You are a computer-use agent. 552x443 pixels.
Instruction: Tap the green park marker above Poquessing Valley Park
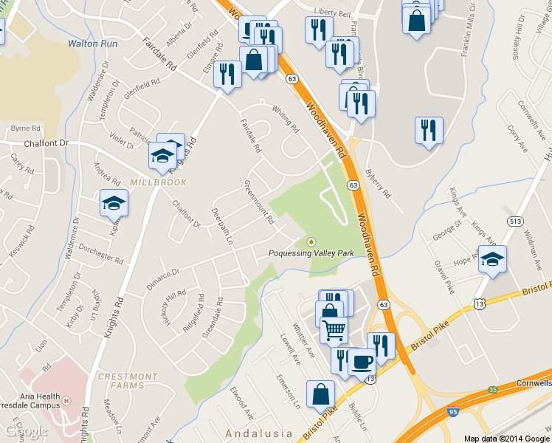click(311, 241)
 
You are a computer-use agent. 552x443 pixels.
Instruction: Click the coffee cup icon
click(361, 362)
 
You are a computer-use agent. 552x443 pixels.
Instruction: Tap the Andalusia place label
click(255, 433)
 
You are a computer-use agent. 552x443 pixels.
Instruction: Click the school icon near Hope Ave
click(492, 260)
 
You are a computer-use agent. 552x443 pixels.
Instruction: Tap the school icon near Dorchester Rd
click(114, 203)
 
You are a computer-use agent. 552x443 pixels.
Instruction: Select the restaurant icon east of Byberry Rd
click(429, 131)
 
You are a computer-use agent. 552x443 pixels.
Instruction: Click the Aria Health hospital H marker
click(66, 401)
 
